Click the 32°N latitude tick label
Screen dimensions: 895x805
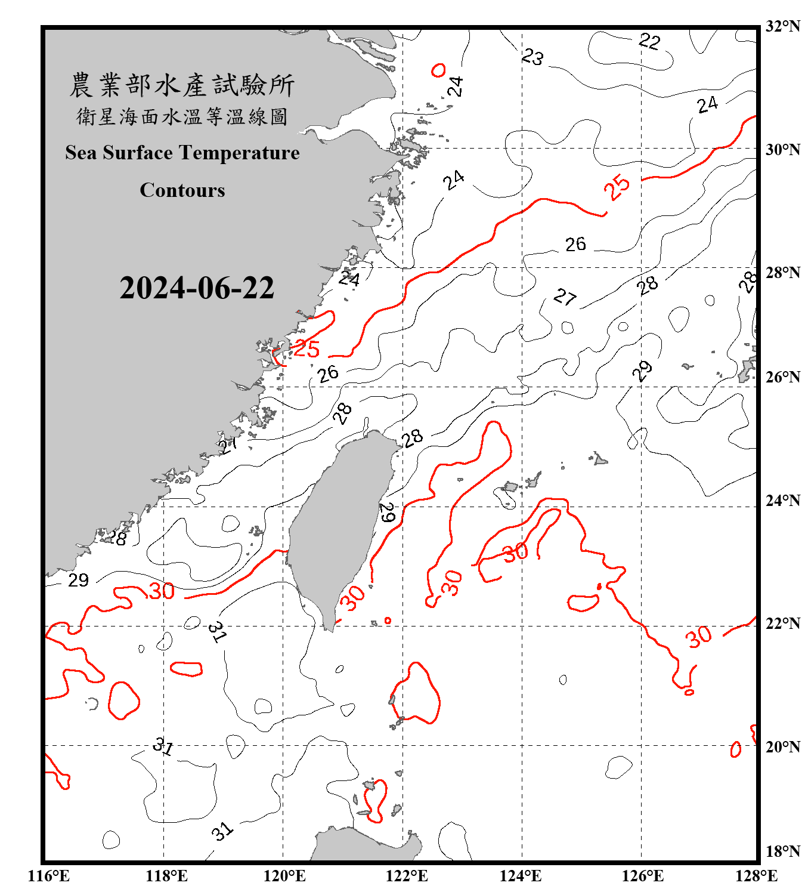(782, 26)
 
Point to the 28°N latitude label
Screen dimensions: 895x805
(782, 273)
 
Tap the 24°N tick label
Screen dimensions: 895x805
(782, 501)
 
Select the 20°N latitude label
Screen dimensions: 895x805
(782, 746)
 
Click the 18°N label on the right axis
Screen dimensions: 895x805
(782, 851)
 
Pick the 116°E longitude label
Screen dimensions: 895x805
(49, 876)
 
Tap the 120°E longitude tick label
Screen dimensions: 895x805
(284, 876)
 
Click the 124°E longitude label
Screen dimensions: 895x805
(521, 876)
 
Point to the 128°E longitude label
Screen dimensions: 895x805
(756, 876)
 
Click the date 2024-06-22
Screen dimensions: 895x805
(197, 288)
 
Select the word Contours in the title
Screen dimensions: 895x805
(182, 190)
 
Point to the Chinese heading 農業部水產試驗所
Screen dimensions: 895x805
(182, 85)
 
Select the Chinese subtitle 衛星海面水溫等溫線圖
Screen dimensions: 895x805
(182, 116)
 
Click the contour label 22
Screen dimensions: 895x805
(649, 41)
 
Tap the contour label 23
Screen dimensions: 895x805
(532, 57)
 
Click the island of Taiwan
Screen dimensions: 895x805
(340, 525)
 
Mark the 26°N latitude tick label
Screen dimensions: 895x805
(782, 377)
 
